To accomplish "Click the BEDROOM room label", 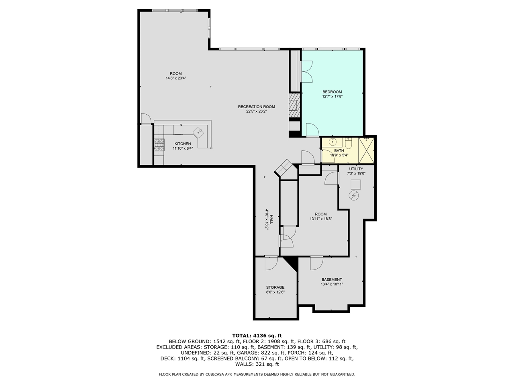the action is click(x=332, y=92).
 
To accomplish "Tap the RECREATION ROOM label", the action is click(x=257, y=107).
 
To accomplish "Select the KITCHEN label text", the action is click(x=183, y=144).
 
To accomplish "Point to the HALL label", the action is click(x=271, y=219).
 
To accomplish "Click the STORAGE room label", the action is click(x=275, y=288).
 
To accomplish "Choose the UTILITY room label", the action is click(x=356, y=169).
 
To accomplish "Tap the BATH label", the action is click(x=339, y=150).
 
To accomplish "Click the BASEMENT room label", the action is click(x=332, y=280).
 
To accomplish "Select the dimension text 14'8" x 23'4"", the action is click(x=176, y=78).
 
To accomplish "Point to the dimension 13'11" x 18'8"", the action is click(x=320, y=219).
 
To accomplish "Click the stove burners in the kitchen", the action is click(x=159, y=145).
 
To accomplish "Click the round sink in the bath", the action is click(x=332, y=142).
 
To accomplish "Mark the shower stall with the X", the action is click(x=366, y=150).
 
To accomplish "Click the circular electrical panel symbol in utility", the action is click(x=354, y=196).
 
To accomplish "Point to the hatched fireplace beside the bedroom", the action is click(x=294, y=105).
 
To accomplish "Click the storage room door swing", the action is click(x=271, y=263).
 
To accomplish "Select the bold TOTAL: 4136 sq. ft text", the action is click(x=257, y=336).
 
